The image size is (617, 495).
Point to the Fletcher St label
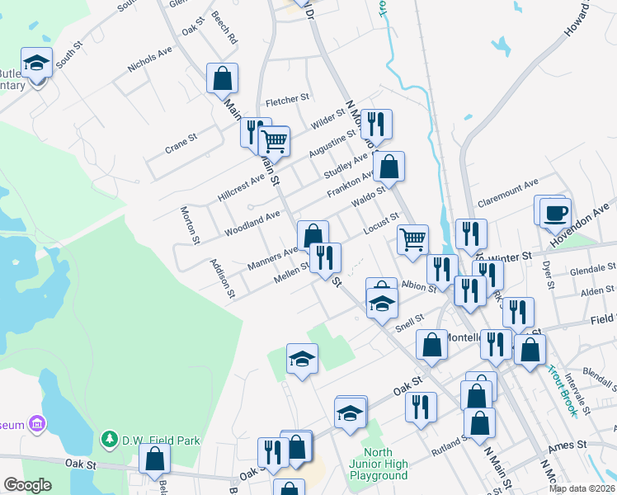coord(287,101)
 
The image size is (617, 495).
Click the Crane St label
coord(181,140)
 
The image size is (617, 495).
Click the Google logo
coord(27,485)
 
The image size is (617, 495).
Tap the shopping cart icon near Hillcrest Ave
coord(274,141)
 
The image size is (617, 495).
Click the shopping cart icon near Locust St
coord(412,239)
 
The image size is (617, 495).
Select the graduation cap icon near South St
coord(36,63)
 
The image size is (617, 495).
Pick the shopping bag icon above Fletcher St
coord(223,78)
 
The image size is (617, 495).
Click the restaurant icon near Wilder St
coord(376,125)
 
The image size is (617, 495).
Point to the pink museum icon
coord(36,425)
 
